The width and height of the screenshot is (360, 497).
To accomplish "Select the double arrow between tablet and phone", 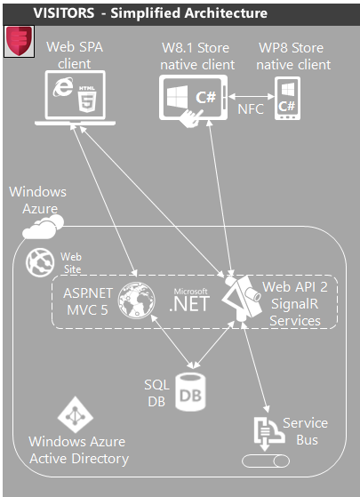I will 252,91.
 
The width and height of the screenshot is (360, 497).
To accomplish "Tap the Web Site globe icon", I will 39,261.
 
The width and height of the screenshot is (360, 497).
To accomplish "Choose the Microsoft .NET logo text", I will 189,300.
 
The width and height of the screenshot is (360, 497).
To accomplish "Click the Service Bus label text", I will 305,430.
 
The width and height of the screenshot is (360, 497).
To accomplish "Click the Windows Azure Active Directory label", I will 78,450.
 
